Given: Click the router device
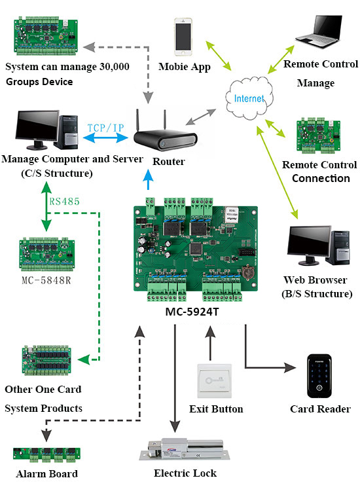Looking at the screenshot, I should coord(164,137).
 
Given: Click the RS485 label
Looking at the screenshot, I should coord(64,201).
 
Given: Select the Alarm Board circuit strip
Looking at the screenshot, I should coord(46,454).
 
